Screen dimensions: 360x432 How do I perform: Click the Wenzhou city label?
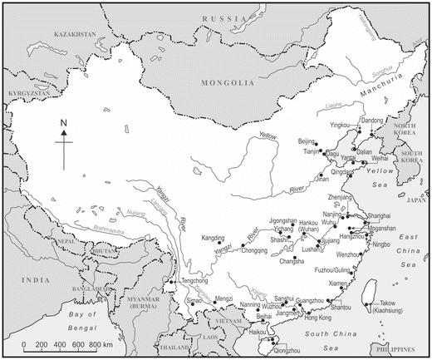[370, 254]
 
